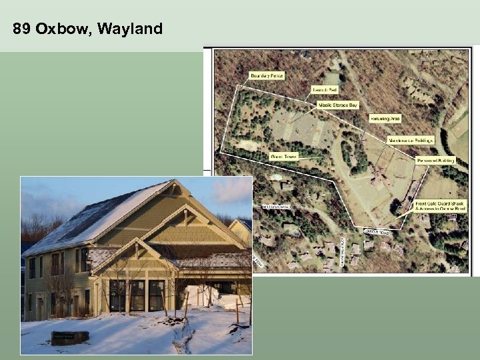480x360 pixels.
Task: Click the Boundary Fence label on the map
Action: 267,76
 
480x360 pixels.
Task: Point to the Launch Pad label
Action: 326,89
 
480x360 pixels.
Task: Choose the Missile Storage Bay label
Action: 337,105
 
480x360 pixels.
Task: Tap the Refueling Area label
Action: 385,119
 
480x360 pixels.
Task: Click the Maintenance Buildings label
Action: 411,141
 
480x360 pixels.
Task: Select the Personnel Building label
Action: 435,160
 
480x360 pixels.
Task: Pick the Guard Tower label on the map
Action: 284,157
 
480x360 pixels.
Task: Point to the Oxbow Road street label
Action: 377,231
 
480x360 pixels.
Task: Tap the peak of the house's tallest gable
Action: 175,181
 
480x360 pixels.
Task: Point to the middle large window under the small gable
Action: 138,295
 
